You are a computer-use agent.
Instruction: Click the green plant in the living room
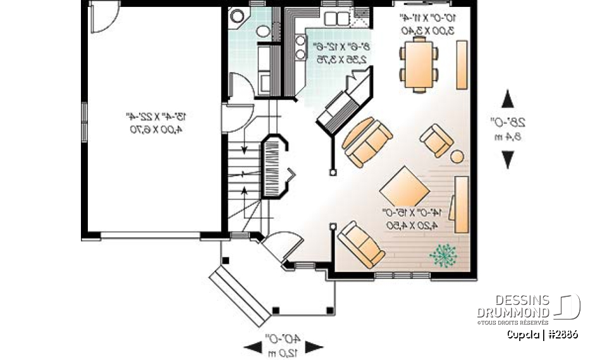tap(444, 255)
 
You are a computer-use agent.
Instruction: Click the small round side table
tap(457, 156)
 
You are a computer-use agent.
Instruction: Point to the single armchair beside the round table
tap(436, 140)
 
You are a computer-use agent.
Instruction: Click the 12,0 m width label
tap(283, 351)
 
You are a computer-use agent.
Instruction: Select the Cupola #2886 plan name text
tap(542, 334)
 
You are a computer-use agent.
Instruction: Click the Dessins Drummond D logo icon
tap(567, 307)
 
